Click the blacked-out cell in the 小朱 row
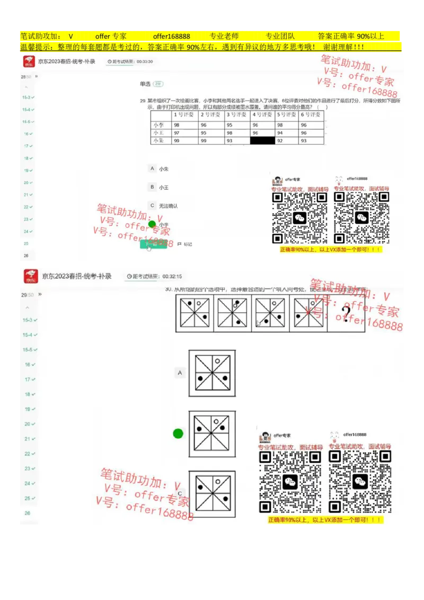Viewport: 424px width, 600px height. click(262, 140)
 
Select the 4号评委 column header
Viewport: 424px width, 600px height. click(262, 114)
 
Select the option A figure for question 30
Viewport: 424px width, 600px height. click(212, 373)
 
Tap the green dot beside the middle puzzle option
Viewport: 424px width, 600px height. click(178, 434)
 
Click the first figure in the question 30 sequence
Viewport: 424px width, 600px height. click(195, 313)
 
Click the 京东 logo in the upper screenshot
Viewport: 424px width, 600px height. click(29, 61)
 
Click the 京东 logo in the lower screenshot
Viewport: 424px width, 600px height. click(31, 276)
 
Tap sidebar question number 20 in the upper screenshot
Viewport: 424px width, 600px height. click(26, 182)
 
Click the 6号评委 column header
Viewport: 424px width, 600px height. click(311, 114)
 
